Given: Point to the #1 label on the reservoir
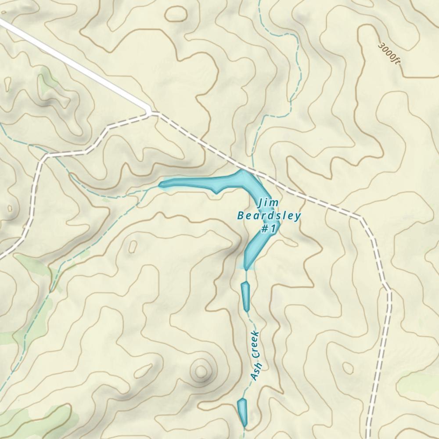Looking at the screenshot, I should pyautogui.click(x=268, y=229).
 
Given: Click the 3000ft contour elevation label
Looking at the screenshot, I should pyautogui.click(x=389, y=54).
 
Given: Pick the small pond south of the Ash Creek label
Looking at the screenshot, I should pyautogui.click(x=242, y=411).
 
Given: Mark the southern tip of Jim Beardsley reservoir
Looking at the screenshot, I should pyautogui.click(x=246, y=268).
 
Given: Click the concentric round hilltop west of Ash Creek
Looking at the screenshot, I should pyautogui.click(x=202, y=371).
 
